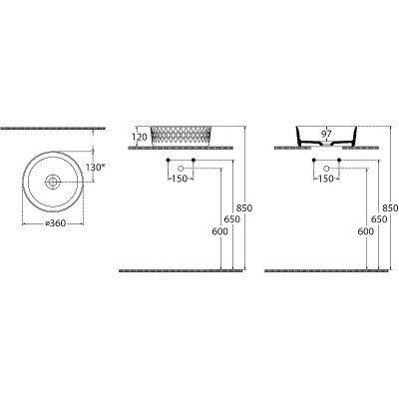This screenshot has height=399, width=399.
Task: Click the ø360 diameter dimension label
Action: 55,223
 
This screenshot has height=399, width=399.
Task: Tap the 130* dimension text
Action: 95,168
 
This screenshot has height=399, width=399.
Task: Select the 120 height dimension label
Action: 140,137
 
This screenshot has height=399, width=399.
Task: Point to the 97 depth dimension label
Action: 326,134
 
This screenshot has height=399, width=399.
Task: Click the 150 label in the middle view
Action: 180,179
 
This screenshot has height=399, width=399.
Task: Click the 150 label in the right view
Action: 326,179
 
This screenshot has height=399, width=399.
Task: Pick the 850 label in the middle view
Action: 244,208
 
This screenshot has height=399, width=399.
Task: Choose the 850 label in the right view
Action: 390,208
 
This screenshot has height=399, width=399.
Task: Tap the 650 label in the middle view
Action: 231,219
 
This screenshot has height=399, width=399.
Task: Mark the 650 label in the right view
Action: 379,219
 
